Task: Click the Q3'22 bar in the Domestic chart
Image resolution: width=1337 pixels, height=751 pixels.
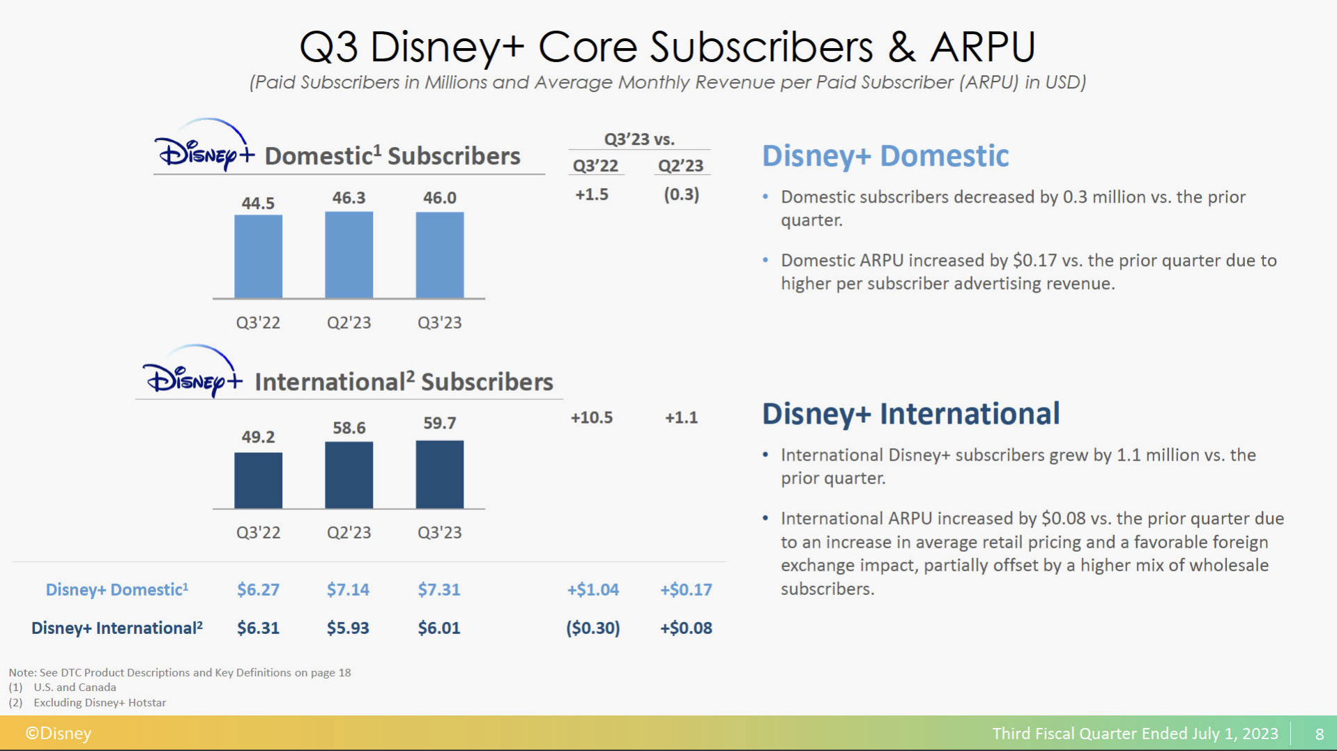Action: coord(258,256)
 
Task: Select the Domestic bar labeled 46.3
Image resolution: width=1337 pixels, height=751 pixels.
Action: coord(349,255)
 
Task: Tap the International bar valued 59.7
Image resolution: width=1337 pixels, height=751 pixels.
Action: coord(439,474)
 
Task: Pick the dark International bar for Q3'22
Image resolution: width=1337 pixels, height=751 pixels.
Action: coord(258,481)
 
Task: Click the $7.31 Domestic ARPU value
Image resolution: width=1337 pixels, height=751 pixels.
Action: coord(439,589)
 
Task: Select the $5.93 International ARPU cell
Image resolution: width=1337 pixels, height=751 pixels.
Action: coord(348,628)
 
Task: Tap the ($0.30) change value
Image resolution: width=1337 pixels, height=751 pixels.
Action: coord(593,628)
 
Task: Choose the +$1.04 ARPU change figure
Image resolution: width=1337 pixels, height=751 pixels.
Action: coord(593,589)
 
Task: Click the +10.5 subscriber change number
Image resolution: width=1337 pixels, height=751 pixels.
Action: coord(592,417)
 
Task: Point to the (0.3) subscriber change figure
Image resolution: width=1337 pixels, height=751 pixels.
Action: coord(682,194)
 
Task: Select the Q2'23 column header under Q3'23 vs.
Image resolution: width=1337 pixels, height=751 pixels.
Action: coord(681,166)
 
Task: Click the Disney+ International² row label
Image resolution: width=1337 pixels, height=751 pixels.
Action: coord(117,628)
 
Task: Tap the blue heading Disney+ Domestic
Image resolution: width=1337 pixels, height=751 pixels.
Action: coord(885,155)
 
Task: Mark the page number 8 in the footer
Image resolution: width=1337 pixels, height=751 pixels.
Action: coord(1319,734)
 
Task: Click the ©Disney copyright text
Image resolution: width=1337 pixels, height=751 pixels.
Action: coord(59,733)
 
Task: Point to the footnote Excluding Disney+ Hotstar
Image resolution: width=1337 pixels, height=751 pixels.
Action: coord(100,702)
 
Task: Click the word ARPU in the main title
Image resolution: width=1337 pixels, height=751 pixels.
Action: coord(983,47)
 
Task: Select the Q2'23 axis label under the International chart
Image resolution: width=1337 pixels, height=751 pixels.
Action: coord(349,532)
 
